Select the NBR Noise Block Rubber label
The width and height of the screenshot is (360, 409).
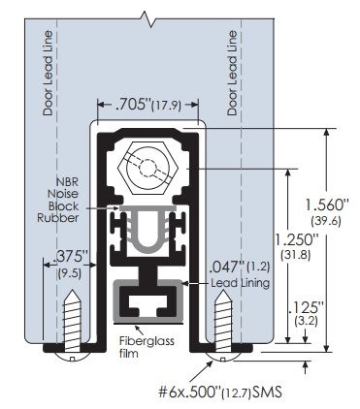pyautogui.click(x=71, y=199)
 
